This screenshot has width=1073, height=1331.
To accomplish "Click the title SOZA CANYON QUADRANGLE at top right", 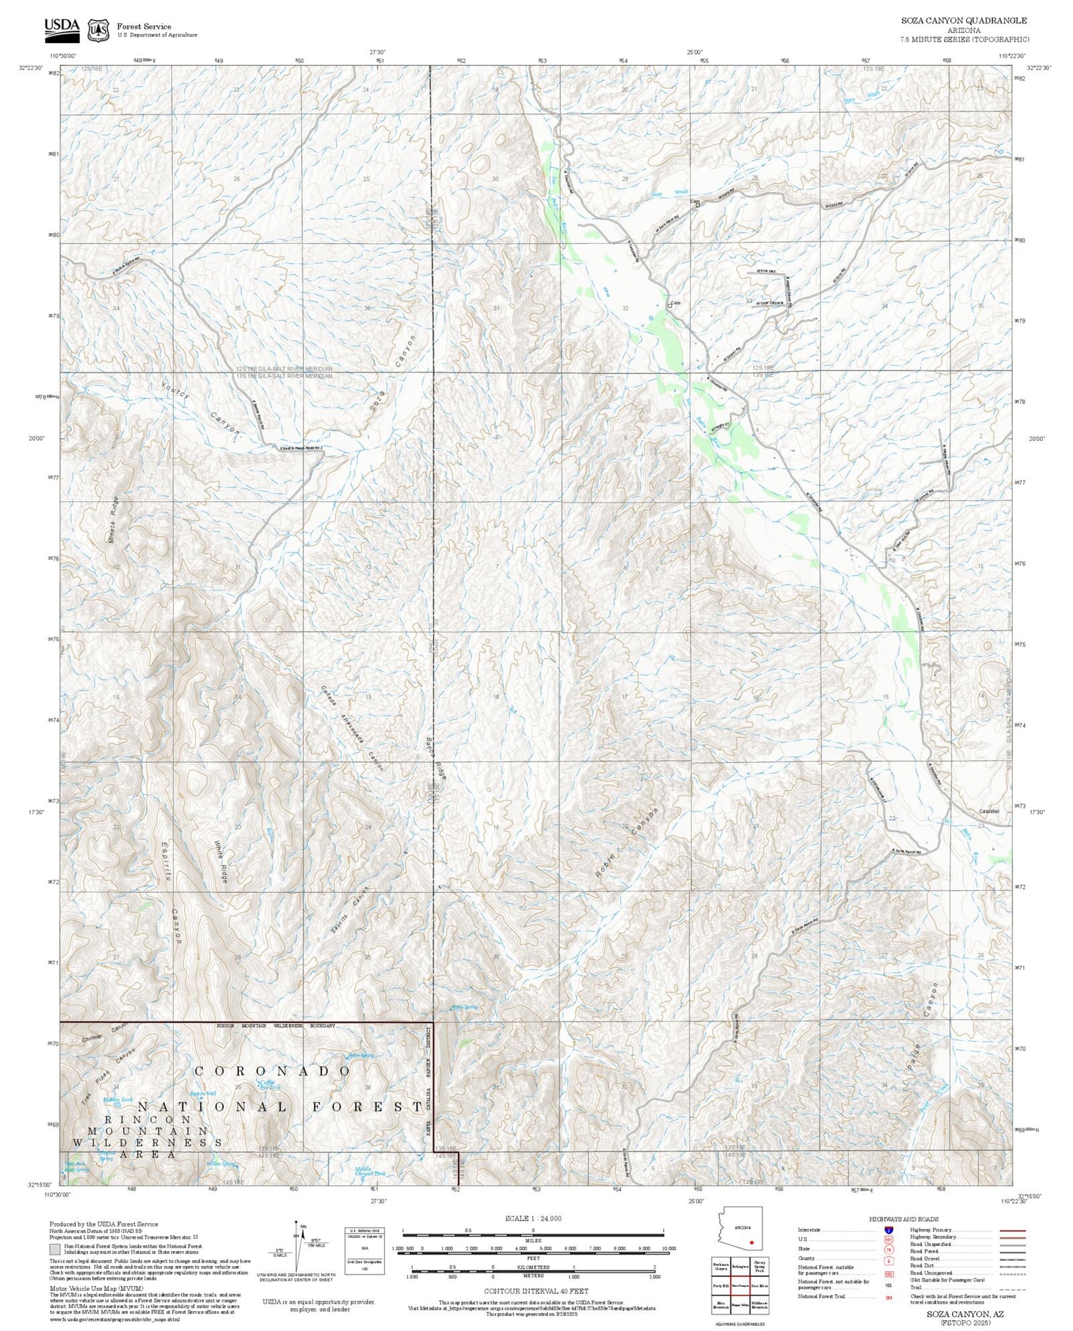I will tap(964, 21).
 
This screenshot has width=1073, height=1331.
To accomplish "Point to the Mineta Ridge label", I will tap(114, 519).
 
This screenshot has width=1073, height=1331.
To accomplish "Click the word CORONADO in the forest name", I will tap(273, 1071).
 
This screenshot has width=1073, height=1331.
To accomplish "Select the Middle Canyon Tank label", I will tap(370, 1172).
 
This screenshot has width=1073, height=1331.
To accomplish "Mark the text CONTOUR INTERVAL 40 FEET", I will tap(536, 1291).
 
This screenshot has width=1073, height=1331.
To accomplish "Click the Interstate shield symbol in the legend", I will tap(890, 1230).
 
